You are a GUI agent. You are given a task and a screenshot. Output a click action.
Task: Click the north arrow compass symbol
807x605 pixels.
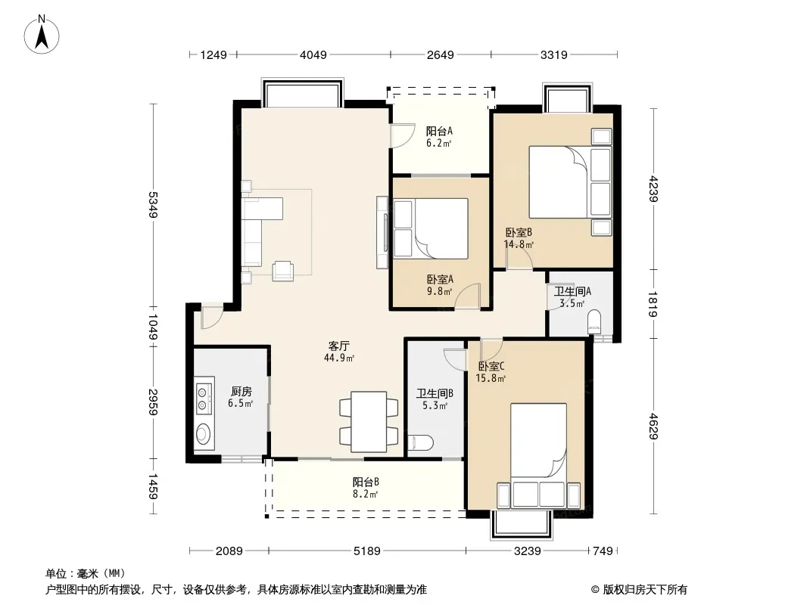click(x=42, y=35)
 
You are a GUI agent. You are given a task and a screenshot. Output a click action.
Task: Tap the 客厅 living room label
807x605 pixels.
click(x=338, y=346)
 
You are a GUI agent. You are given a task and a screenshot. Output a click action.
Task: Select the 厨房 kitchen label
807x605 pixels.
click(x=241, y=392)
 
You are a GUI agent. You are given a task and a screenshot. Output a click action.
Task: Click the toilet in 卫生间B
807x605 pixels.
click(x=420, y=442)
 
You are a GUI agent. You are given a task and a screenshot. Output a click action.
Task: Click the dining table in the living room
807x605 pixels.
click(x=369, y=421)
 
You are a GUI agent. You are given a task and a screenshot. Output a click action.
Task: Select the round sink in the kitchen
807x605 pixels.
click(x=204, y=434)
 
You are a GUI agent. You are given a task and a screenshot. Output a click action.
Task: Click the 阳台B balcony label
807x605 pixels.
click(x=366, y=482)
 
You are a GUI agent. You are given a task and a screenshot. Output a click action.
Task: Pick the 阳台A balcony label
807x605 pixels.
click(x=439, y=131)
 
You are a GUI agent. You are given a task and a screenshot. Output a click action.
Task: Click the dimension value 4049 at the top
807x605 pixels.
click(x=313, y=54)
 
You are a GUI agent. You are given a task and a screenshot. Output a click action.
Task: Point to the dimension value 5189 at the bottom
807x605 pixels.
click(x=366, y=551)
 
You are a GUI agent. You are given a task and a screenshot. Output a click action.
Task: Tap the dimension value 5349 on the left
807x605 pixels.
click(x=153, y=205)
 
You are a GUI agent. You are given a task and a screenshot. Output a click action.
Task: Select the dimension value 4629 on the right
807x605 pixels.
click(x=653, y=427)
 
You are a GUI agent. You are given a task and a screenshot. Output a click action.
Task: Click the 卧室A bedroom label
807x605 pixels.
click(x=440, y=280)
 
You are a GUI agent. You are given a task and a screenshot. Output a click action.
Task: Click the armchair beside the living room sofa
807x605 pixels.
click(x=282, y=271)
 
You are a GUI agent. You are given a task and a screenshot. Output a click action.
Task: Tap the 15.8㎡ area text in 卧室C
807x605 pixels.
click(x=491, y=378)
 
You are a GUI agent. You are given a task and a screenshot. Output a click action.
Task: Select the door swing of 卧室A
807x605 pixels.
click(x=467, y=296)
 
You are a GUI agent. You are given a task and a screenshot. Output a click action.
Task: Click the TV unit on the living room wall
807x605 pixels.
click(x=382, y=232)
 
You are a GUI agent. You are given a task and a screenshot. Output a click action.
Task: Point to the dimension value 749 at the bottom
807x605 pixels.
click(x=603, y=551)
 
